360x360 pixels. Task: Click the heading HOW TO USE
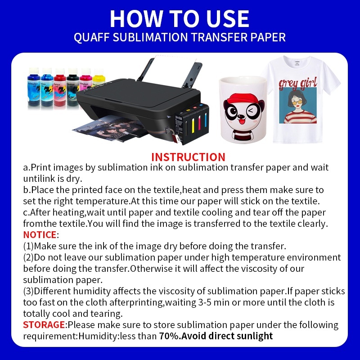[180, 18]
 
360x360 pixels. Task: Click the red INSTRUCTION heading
[188, 157]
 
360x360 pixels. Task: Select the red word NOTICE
[40, 234]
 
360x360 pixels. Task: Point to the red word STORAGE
[44, 324]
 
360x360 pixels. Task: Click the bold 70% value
[168, 336]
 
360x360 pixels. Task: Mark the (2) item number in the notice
[28, 257]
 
